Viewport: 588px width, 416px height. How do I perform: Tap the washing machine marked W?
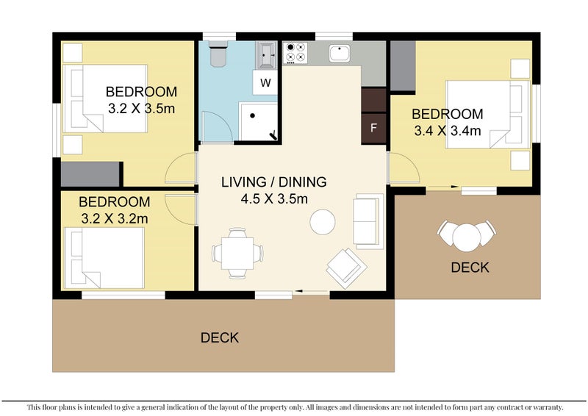tap(265, 82)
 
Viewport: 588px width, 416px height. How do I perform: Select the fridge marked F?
tap(373, 129)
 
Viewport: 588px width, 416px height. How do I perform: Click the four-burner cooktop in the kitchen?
tap(295, 52)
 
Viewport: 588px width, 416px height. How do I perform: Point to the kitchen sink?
tap(340, 53)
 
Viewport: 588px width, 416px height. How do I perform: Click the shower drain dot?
tap(253, 116)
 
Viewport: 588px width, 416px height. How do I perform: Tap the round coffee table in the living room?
tap(323, 222)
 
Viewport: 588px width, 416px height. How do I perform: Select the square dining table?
tap(237, 253)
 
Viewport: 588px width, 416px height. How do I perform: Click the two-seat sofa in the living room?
tap(368, 221)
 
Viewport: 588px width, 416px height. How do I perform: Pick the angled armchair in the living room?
tap(346, 268)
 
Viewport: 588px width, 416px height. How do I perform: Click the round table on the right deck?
tap(467, 237)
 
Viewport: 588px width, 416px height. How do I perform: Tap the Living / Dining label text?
tap(273, 182)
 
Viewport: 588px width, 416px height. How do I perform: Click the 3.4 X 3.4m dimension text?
tap(448, 131)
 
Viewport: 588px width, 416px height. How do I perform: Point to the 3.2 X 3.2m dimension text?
tap(115, 219)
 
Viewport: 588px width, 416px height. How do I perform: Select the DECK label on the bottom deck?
tap(220, 337)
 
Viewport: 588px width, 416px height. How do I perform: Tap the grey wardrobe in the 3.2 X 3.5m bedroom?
tap(90, 174)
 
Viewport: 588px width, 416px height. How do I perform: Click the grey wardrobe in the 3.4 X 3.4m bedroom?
tap(403, 66)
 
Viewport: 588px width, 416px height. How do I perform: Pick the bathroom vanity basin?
tap(266, 55)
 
